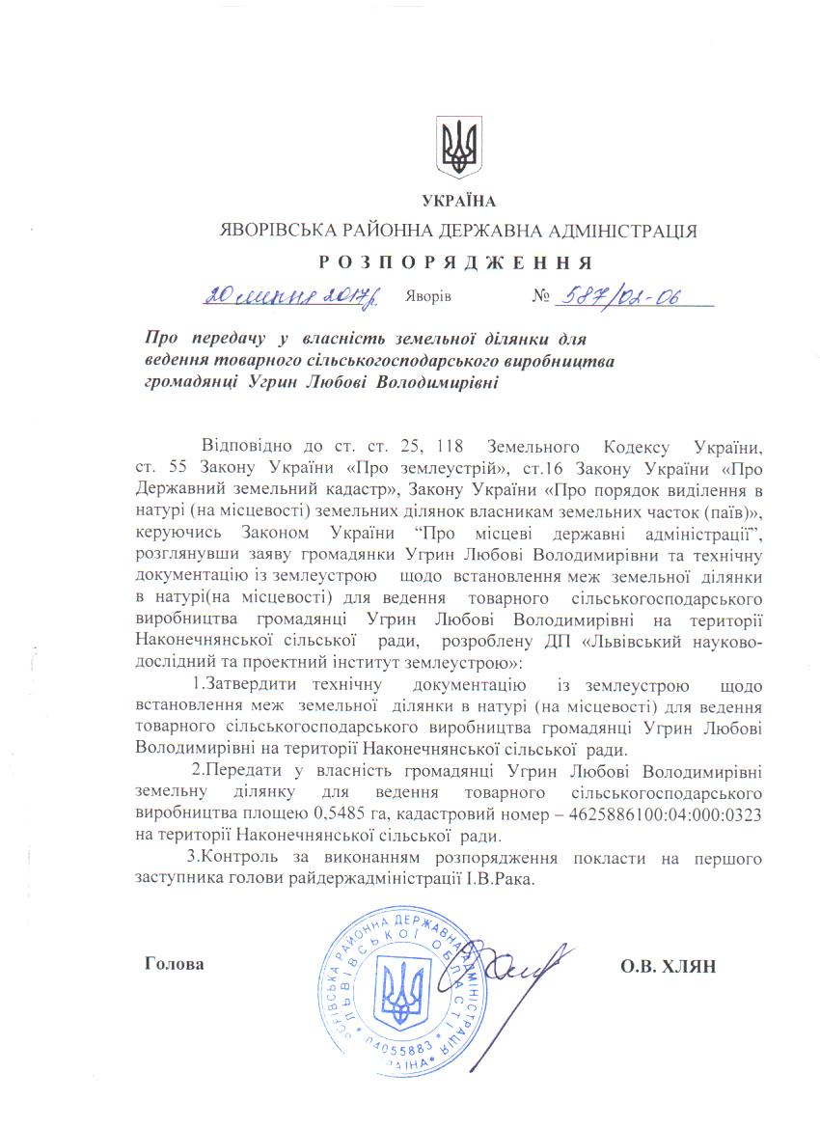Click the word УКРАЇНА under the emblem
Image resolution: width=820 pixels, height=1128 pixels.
[x=458, y=202]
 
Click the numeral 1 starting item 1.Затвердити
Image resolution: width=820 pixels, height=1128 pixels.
[x=196, y=685]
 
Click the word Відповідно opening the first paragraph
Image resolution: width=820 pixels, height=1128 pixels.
[x=246, y=448]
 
